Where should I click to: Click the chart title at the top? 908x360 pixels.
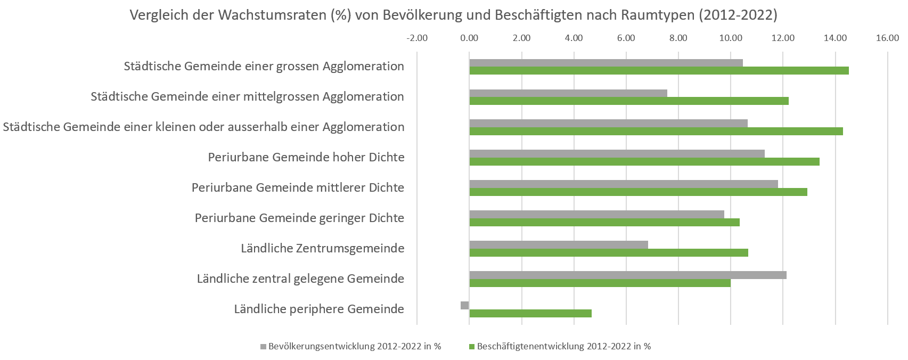(453, 15)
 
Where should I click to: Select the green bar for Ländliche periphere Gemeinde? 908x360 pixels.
(530, 313)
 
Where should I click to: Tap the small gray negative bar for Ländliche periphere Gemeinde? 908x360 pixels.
(465, 305)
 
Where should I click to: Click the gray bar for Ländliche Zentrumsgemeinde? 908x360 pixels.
(559, 244)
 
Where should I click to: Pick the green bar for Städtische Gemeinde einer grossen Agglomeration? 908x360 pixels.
(659, 70)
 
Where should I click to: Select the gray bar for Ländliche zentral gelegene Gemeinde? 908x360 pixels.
(628, 275)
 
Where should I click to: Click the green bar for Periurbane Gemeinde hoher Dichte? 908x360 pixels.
(644, 161)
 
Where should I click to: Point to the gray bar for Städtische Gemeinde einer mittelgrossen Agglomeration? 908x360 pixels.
(568, 93)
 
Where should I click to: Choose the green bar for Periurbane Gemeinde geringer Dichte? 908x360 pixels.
(604, 222)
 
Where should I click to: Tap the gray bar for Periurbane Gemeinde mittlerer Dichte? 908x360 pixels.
(624, 184)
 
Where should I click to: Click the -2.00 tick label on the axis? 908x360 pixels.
(417, 38)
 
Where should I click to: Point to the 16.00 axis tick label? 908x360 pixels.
(887, 38)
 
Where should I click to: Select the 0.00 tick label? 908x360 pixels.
(469, 38)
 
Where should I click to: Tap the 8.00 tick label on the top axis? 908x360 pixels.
(678, 38)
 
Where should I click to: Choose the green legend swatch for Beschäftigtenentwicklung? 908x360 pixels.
(471, 347)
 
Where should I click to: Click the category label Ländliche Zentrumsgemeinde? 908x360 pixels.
(322, 248)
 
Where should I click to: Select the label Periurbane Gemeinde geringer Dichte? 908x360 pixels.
(299, 218)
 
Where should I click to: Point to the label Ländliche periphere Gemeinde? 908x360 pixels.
(319, 309)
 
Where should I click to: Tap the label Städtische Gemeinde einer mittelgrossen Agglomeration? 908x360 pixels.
(247, 96)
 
